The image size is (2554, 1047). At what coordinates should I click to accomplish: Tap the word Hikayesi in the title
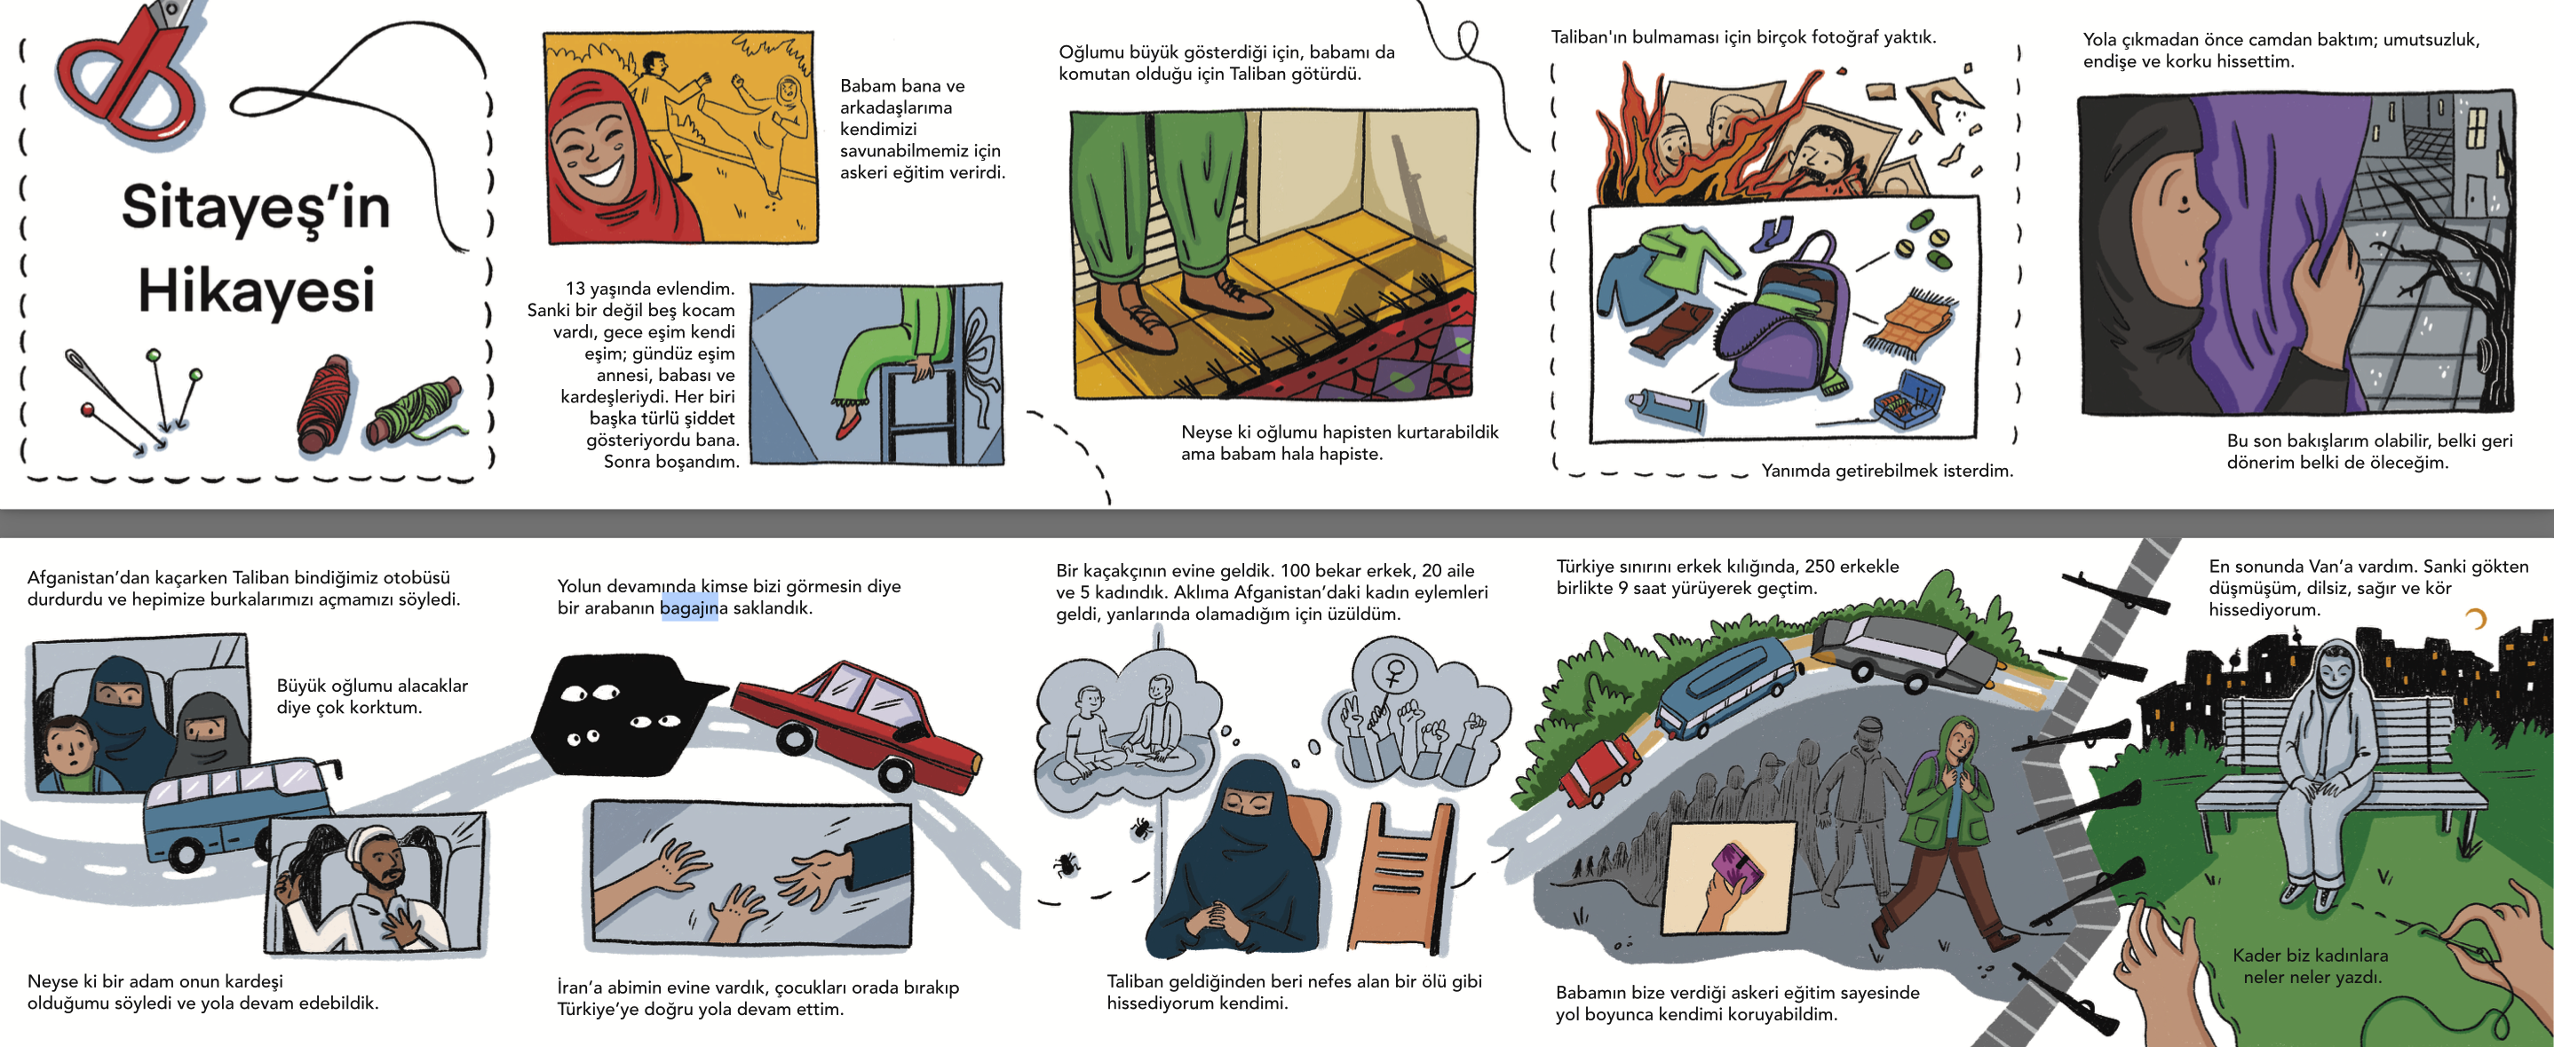(x=257, y=290)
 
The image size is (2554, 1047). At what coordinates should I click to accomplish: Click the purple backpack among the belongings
(x=1781, y=317)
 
